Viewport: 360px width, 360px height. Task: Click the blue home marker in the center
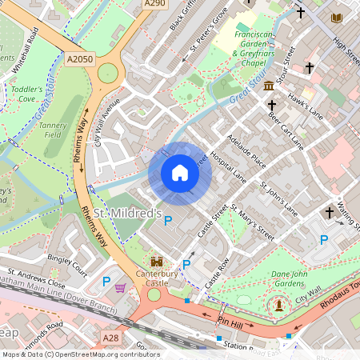180,173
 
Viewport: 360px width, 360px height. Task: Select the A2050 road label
79,58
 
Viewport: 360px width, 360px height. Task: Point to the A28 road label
110,338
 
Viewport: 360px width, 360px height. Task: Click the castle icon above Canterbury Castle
157,262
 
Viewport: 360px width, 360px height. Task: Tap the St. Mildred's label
128,214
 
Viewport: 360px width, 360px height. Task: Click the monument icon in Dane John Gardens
278,303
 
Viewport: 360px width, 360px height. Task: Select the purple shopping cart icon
120,286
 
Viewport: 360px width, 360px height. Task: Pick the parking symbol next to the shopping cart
106,281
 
